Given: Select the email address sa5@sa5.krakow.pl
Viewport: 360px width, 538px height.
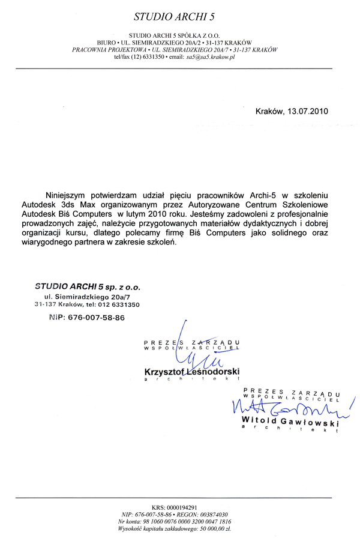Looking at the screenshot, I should pyautogui.click(x=212, y=58).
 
